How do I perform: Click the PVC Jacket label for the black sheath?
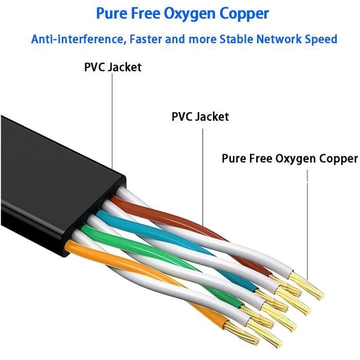point(113,67)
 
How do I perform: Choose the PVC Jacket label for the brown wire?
point(200,117)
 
